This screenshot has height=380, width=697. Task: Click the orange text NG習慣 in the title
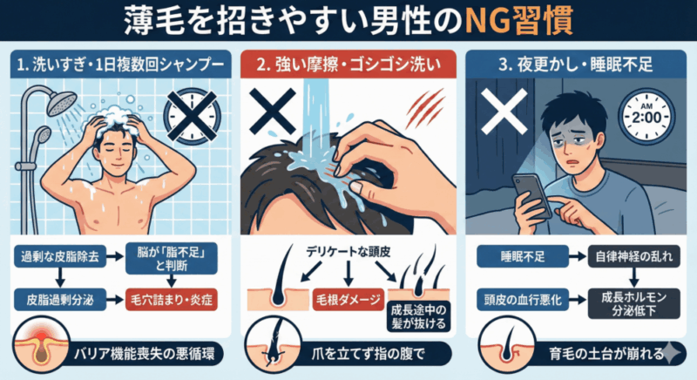(x=518, y=20)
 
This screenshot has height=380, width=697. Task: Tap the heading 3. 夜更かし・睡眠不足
(x=576, y=64)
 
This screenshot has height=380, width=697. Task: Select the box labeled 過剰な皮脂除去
(x=60, y=257)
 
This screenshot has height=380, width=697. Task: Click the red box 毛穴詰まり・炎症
(x=172, y=300)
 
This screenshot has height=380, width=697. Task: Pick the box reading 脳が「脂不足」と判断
(x=172, y=258)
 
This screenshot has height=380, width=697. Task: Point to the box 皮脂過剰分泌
(x=60, y=300)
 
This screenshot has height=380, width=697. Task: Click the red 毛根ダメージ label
(x=348, y=300)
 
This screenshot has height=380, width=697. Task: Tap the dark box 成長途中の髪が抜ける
(x=418, y=316)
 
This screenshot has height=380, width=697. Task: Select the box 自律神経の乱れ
(x=634, y=256)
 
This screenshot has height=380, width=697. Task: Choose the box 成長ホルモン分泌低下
(x=634, y=303)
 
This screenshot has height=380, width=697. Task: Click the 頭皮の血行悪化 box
(x=523, y=300)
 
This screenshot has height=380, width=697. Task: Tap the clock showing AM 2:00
(x=646, y=117)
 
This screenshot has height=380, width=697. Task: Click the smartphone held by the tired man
(x=531, y=196)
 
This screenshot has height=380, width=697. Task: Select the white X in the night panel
(x=504, y=111)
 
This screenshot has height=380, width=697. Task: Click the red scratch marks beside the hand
(x=425, y=109)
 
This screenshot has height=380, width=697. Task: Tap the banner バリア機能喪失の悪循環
(x=145, y=354)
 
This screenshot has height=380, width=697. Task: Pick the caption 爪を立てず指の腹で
(x=367, y=354)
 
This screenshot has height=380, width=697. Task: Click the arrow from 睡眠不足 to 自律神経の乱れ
(x=579, y=256)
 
